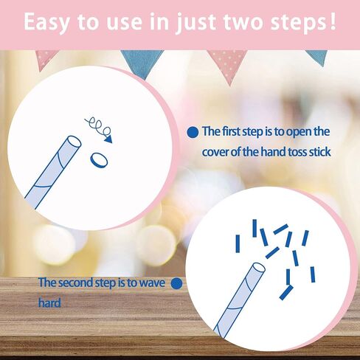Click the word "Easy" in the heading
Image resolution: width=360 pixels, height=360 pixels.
(x=46, y=22)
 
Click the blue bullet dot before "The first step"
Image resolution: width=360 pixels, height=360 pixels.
(x=193, y=133)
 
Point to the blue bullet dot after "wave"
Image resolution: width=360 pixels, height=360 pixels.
(x=176, y=284)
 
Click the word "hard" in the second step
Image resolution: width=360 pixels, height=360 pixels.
(x=49, y=302)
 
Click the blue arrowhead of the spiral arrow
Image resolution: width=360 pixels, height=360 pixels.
(x=108, y=139)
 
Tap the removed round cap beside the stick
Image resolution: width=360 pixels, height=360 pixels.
(x=99, y=160)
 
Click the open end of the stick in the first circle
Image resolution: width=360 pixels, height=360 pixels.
(x=74, y=142)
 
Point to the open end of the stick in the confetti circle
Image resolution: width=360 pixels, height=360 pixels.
(x=258, y=269)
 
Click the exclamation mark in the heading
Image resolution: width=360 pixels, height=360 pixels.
(x=333, y=21)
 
